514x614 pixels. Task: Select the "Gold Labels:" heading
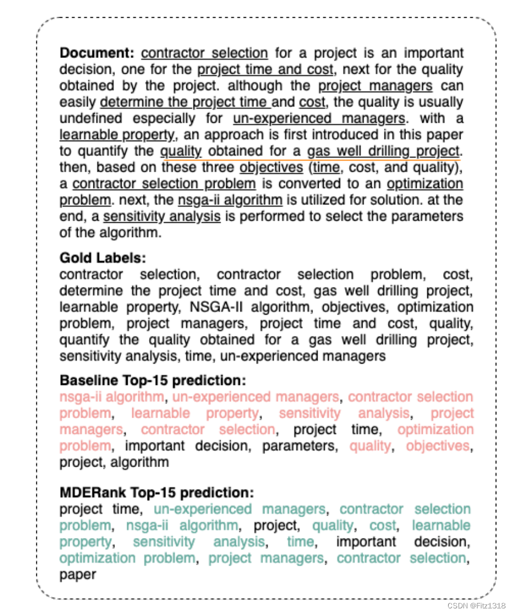coord(102,258)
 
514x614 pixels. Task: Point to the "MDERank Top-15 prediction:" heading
coord(157,493)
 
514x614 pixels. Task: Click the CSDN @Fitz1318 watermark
coord(476,606)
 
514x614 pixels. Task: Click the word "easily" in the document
coord(77,102)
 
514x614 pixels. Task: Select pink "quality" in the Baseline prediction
coord(370,446)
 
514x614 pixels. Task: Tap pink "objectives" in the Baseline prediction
coord(437,446)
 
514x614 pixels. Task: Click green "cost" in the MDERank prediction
coord(383,526)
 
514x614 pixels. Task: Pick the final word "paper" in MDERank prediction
coord(78,575)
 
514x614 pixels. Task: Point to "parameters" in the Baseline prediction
coord(301,446)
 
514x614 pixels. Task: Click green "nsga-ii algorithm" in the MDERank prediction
coord(181,526)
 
